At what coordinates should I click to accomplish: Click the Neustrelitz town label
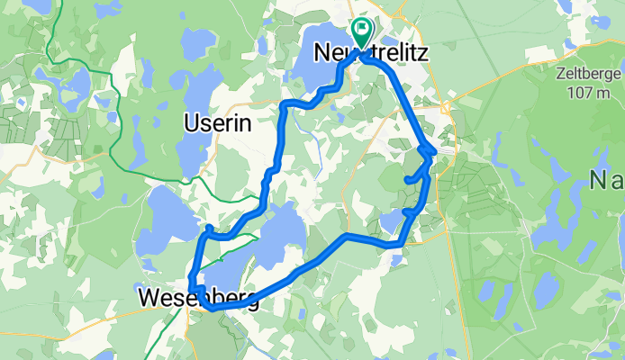369,54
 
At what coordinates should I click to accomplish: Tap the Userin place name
216,121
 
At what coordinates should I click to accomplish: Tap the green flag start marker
361,32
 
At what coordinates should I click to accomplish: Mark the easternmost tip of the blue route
436,151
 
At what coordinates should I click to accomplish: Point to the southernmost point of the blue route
213,308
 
